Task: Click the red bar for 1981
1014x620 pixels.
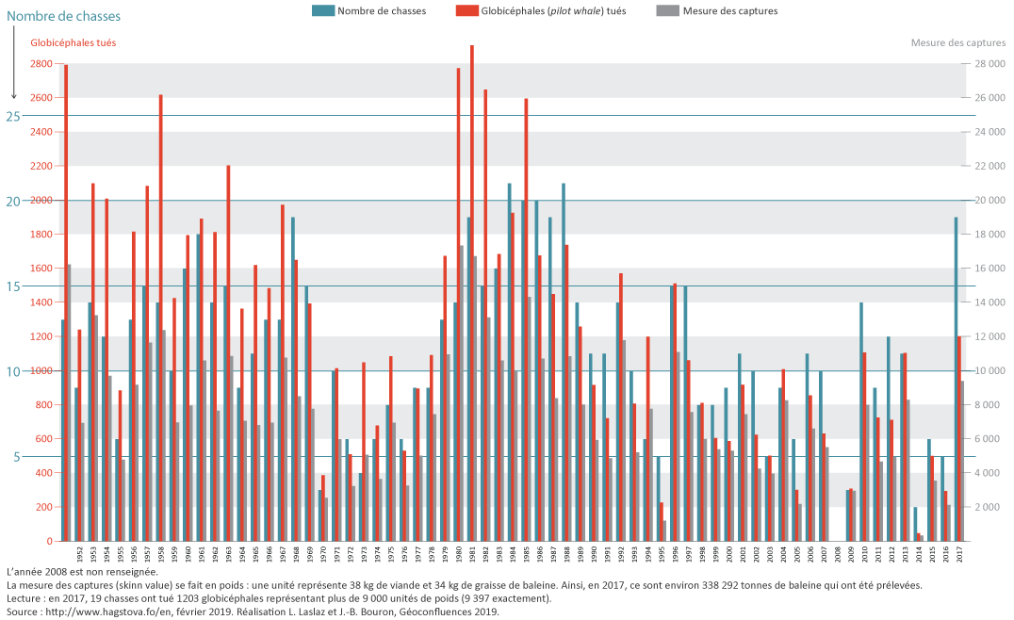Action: [471, 292]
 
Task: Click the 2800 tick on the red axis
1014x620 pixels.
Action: [41, 64]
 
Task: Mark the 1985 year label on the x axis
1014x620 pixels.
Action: [525, 554]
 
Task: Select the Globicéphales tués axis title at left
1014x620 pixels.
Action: [74, 42]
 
